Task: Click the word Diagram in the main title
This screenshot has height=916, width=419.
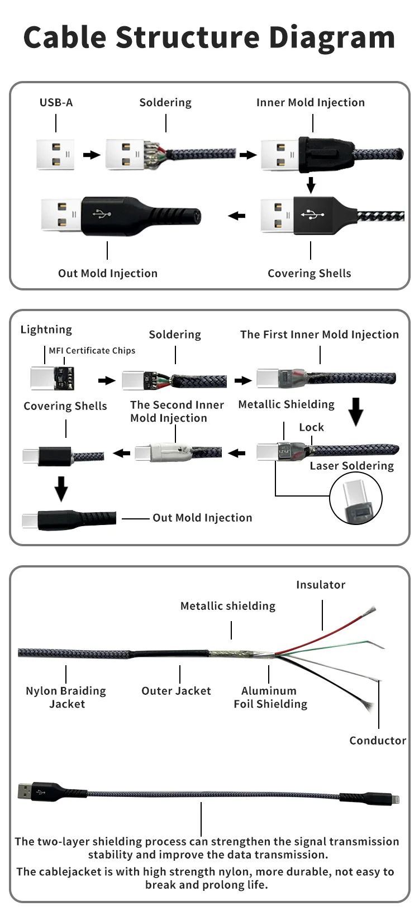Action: [332, 38]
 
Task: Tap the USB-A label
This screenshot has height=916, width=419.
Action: [56, 102]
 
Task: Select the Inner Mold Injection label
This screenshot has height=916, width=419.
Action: [310, 102]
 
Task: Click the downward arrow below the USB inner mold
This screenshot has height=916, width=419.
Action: [311, 185]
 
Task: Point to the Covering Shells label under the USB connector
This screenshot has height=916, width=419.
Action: [309, 273]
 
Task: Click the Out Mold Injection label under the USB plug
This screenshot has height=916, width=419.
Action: [108, 273]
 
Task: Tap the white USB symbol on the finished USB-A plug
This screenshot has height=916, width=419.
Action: [101, 213]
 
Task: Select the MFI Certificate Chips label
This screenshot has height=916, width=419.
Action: [92, 351]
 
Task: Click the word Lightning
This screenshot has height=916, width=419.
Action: [46, 330]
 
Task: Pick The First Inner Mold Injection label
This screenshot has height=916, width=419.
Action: [319, 335]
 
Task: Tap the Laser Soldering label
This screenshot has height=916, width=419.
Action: [351, 466]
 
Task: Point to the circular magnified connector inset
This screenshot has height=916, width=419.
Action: [356, 499]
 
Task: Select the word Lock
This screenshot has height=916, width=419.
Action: [311, 427]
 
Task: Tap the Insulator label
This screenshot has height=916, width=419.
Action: [321, 585]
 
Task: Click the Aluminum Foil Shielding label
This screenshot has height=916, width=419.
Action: [270, 698]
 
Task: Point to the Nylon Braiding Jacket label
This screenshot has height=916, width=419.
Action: [66, 698]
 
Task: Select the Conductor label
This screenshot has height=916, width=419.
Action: [378, 741]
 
